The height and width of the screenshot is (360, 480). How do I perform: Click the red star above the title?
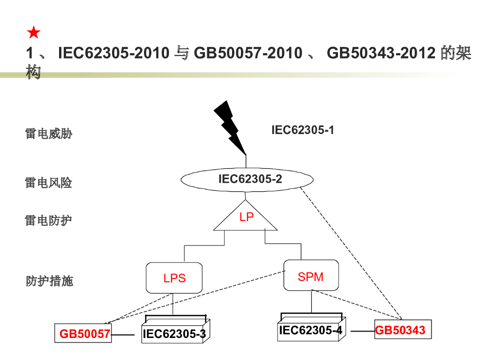pyautogui.click(x=34, y=33)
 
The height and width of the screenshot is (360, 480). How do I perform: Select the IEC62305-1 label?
pyautogui.click(x=303, y=130)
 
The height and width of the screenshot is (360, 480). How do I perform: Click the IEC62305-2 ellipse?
pyautogui.click(x=247, y=179)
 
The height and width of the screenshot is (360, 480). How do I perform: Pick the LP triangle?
pyautogui.click(x=246, y=219)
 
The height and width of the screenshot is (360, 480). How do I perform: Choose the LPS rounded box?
pyautogui.click(x=174, y=277)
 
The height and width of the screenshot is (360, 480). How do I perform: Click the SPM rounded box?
pyautogui.click(x=311, y=276)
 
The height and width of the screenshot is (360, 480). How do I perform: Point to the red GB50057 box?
pyautogui.click(x=83, y=333)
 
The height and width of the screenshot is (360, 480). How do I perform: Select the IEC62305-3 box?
pyautogui.click(x=174, y=333)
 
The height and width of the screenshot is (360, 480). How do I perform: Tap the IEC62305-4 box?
pyautogui.click(x=311, y=330)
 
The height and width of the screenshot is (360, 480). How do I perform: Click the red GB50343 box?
pyautogui.click(x=402, y=330)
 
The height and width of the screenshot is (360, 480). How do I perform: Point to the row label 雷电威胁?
pyautogui.click(x=49, y=134)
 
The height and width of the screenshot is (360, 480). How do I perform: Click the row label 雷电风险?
pyautogui.click(x=49, y=182)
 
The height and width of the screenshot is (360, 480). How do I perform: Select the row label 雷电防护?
pyautogui.click(x=49, y=220)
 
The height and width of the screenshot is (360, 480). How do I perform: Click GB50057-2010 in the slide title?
pyautogui.click(x=248, y=53)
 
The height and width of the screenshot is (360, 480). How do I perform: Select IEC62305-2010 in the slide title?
pyautogui.click(x=113, y=53)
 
